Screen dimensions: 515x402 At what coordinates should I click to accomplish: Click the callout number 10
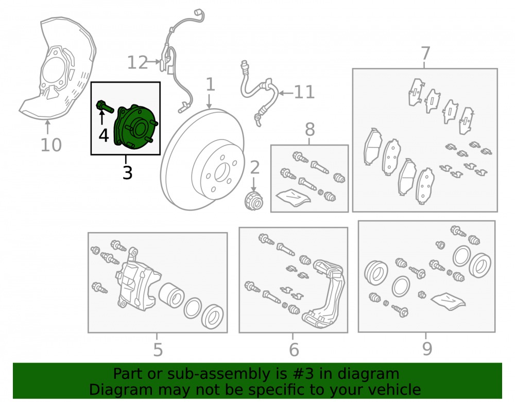coord(51,145)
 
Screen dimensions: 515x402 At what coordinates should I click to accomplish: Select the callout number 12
coord(138,62)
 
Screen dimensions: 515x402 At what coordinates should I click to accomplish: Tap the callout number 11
coord(304,92)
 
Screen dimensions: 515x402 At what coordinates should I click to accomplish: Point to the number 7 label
coord(425,53)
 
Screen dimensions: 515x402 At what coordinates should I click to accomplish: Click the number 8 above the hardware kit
coord(310,129)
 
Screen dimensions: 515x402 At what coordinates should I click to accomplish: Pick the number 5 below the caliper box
coord(158,350)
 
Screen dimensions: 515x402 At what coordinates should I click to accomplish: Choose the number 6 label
coord(294,350)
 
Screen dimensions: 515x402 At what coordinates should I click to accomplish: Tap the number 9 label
coord(427,349)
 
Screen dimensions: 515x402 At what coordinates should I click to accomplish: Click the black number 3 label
coord(127,172)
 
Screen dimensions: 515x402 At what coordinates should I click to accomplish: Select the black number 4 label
coord(104,135)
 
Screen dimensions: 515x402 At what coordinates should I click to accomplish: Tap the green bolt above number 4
coord(105,107)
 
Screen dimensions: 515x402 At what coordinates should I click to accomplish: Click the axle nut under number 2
coord(254,201)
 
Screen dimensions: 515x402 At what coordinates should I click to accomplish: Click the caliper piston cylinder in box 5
coord(171,295)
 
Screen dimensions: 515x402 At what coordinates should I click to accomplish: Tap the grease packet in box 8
coord(293,197)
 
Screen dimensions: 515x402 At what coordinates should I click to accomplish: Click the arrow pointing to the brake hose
coord(286,93)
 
